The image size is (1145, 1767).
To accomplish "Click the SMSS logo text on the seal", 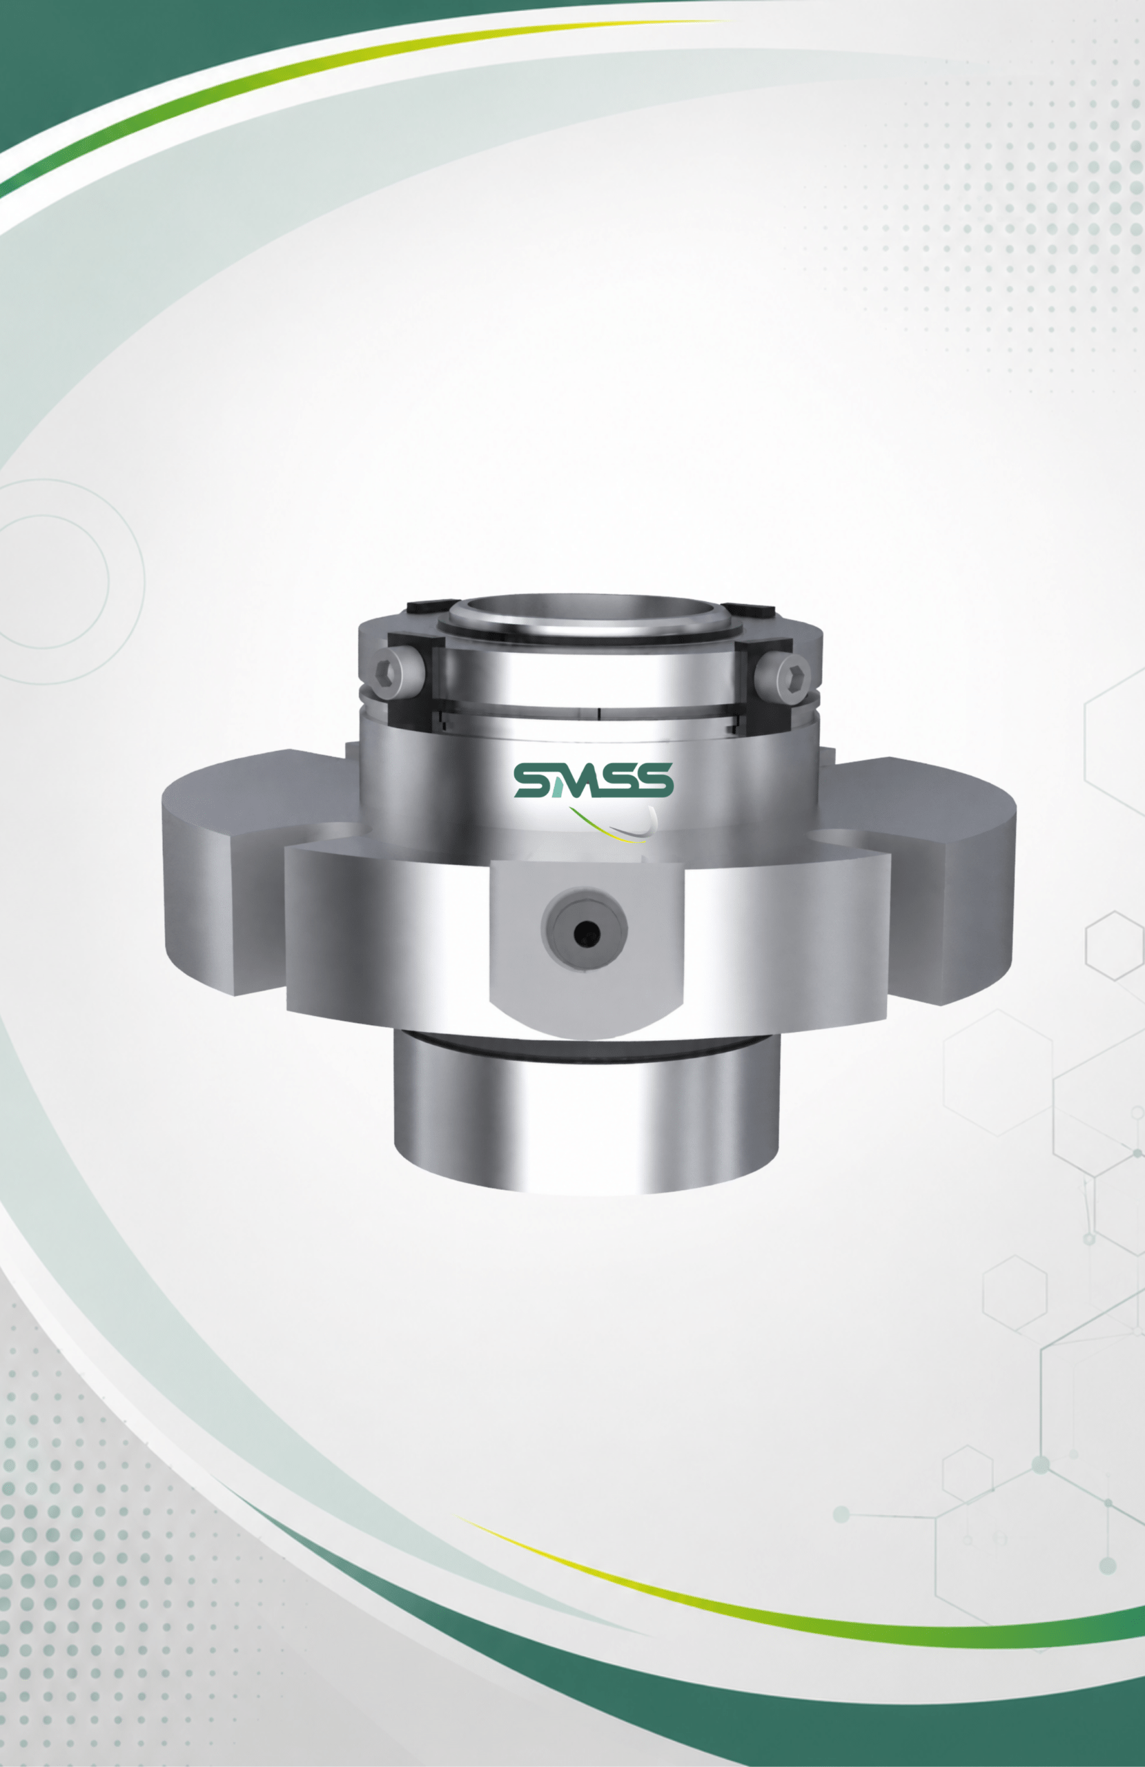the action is click(594, 779).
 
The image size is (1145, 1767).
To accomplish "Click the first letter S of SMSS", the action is click(532, 779).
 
